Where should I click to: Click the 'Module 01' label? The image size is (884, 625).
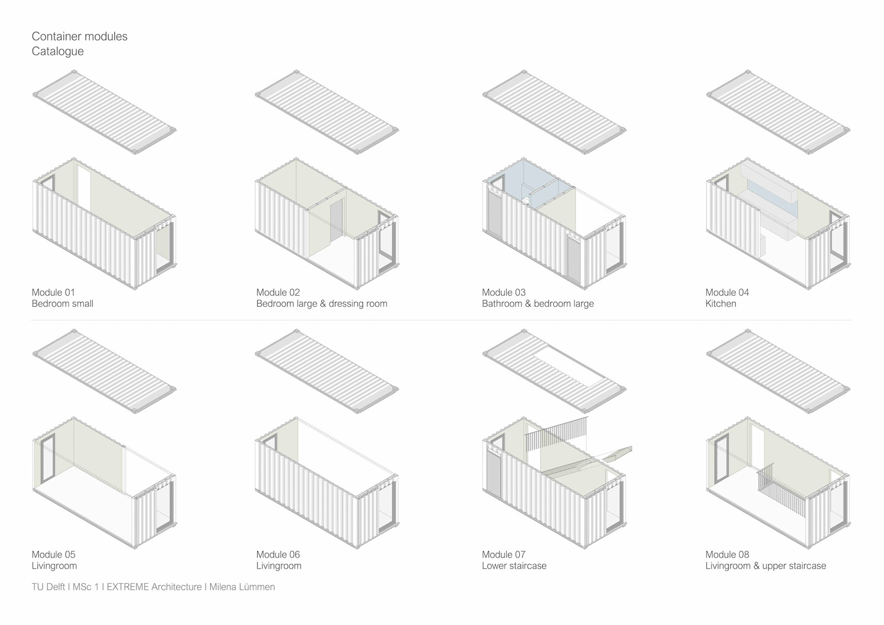pyautogui.click(x=53, y=292)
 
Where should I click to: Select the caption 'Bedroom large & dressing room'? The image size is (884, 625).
pyautogui.click(x=321, y=304)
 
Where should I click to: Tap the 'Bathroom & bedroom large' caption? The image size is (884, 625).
pyautogui.click(x=537, y=304)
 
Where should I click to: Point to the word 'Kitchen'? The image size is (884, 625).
pyautogui.click(x=721, y=304)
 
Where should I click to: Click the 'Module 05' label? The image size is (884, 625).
pyautogui.click(x=53, y=555)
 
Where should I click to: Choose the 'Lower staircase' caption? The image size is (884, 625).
pyautogui.click(x=514, y=566)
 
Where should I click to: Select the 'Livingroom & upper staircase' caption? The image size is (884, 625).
pyautogui.click(x=765, y=566)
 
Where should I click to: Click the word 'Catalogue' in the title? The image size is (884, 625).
pyautogui.click(x=58, y=51)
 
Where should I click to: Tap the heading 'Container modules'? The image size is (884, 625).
pyautogui.click(x=79, y=36)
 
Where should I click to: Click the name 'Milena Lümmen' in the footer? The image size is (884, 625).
pyautogui.click(x=242, y=587)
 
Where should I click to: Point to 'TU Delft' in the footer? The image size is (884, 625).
pyautogui.click(x=48, y=587)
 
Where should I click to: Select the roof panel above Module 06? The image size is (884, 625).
pyautogui.click(x=327, y=371)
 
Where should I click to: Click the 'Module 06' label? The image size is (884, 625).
pyautogui.click(x=278, y=555)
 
